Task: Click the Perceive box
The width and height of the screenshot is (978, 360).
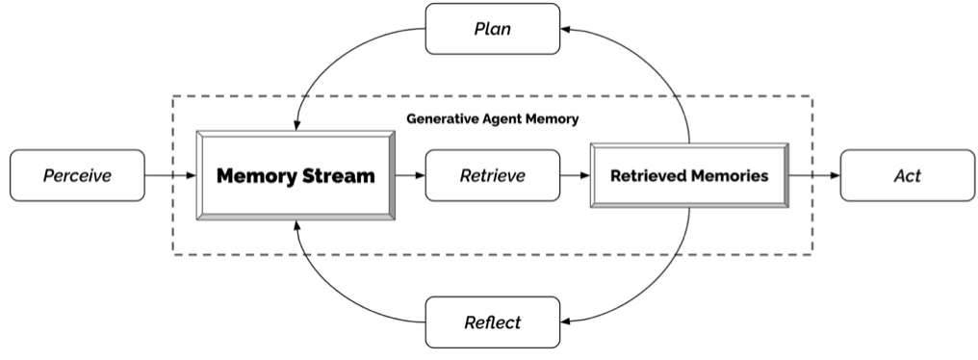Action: (78, 175)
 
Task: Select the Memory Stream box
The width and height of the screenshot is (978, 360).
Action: (295, 175)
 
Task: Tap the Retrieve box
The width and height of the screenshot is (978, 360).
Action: (492, 175)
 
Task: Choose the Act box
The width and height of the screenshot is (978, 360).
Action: (907, 175)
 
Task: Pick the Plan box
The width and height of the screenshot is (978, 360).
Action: (492, 28)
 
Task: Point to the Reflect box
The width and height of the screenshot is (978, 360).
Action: (492, 321)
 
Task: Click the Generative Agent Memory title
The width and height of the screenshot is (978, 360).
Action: (491, 120)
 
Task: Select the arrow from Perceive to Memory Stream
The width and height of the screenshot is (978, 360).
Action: (170, 175)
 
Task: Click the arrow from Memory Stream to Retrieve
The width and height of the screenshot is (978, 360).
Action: (409, 175)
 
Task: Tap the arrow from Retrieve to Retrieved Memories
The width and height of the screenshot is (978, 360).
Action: (575, 175)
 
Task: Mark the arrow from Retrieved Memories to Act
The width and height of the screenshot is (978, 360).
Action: (813, 175)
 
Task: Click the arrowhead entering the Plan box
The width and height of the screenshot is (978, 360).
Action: (566, 29)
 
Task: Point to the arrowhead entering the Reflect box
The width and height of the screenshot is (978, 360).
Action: (566, 321)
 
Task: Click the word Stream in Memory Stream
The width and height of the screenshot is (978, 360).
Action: (338, 176)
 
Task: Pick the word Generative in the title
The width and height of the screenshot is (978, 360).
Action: (438, 120)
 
